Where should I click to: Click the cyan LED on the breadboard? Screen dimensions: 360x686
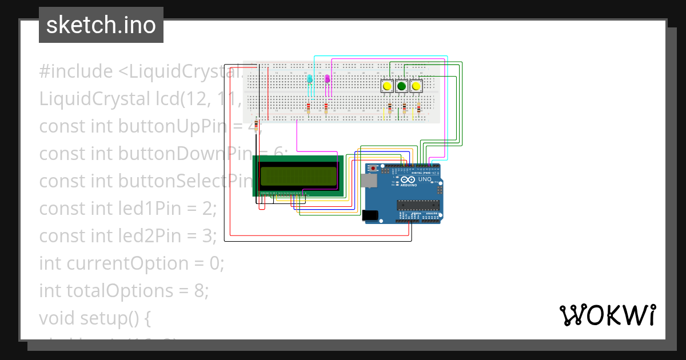pos(310,79)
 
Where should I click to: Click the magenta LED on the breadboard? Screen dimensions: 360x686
pos(327,79)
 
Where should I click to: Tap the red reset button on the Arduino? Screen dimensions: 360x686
pos(374,169)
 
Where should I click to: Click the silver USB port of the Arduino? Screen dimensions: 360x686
pos(369,181)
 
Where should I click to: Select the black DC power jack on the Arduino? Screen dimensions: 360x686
pos(370,215)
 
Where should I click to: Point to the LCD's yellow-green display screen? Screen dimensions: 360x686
pos(298,176)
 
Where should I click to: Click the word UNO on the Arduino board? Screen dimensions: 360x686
pos(425,179)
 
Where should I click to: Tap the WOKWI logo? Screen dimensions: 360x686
pos(607,315)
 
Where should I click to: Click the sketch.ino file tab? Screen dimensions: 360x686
pos(101,25)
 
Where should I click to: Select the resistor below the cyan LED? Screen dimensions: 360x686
pos(309,107)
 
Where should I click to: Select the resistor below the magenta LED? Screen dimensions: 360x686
pos(326,107)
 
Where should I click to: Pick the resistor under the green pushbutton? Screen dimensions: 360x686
pos(404,108)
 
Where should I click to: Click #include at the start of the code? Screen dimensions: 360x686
pos(76,71)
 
